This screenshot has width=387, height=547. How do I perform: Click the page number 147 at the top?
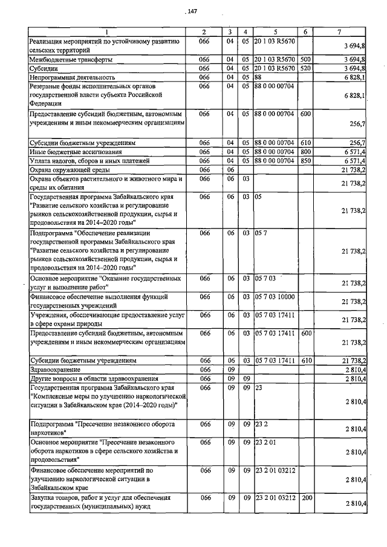coord(193,11)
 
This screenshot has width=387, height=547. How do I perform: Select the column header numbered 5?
coord(275,32)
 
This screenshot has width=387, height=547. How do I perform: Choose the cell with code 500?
coord(305,60)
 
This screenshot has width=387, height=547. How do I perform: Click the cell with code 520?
coord(305,68)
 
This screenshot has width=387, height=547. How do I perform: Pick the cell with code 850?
coord(305,161)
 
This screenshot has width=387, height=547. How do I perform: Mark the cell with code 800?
coord(305,152)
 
